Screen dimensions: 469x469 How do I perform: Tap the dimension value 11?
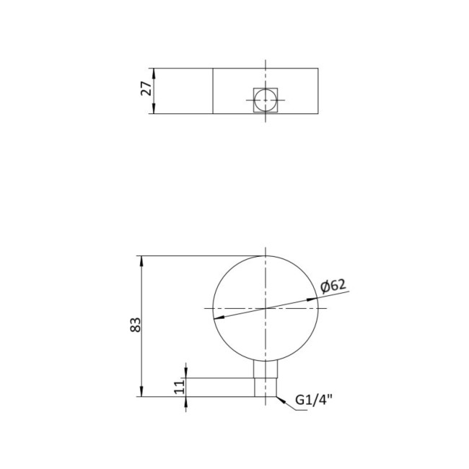(180, 387)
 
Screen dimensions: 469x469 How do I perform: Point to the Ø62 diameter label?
(333, 286)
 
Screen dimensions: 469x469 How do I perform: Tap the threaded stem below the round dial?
(266, 380)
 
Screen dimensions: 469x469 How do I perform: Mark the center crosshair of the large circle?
(266, 308)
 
